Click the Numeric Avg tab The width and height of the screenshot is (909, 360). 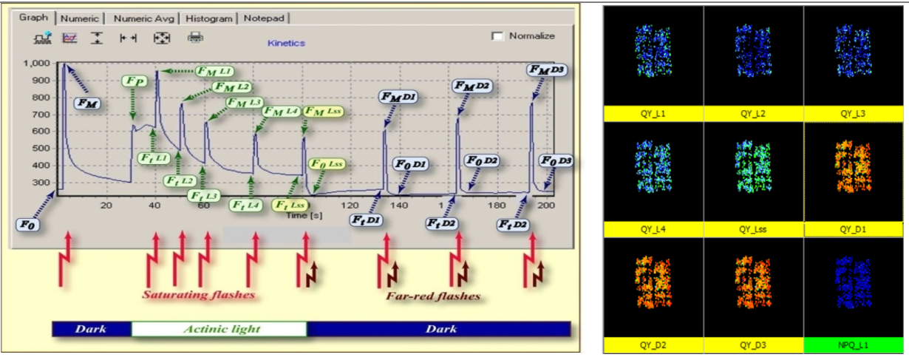click(143, 18)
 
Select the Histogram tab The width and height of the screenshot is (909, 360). click(209, 18)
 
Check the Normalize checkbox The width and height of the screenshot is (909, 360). click(497, 36)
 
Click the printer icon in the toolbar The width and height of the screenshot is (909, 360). click(195, 38)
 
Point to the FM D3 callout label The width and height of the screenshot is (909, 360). click(547, 69)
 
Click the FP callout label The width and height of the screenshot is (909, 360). click(134, 80)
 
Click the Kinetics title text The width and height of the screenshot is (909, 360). click(287, 44)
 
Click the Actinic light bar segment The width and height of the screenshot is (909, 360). click(219, 329)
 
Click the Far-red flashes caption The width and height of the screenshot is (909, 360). click(433, 296)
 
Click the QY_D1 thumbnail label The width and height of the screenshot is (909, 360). click(854, 230)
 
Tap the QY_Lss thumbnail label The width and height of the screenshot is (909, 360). click(753, 230)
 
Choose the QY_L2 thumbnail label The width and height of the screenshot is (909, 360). click(753, 114)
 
